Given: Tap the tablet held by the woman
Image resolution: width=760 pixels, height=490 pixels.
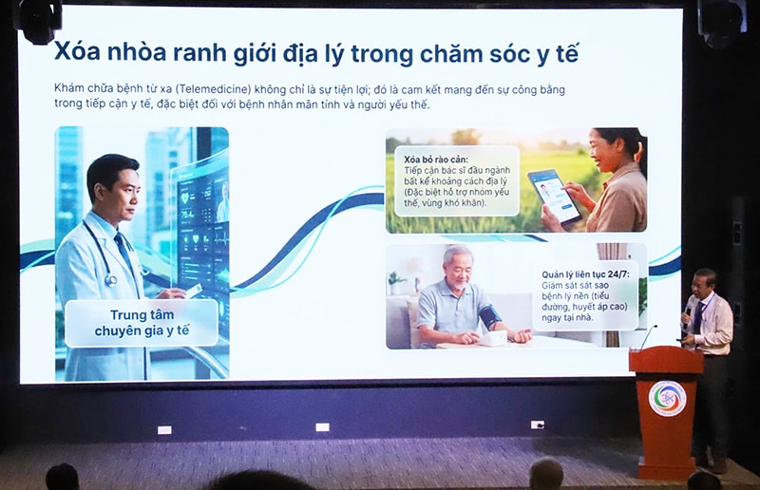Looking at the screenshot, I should [x=555, y=195].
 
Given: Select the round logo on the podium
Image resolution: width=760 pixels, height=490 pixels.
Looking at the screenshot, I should [x=667, y=398].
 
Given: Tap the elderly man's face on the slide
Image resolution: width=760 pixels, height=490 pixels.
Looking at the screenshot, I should [x=458, y=267].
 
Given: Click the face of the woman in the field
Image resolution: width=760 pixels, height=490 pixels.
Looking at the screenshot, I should [x=602, y=151].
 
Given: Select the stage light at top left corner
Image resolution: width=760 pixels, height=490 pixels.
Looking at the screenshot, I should [x=40, y=19].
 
